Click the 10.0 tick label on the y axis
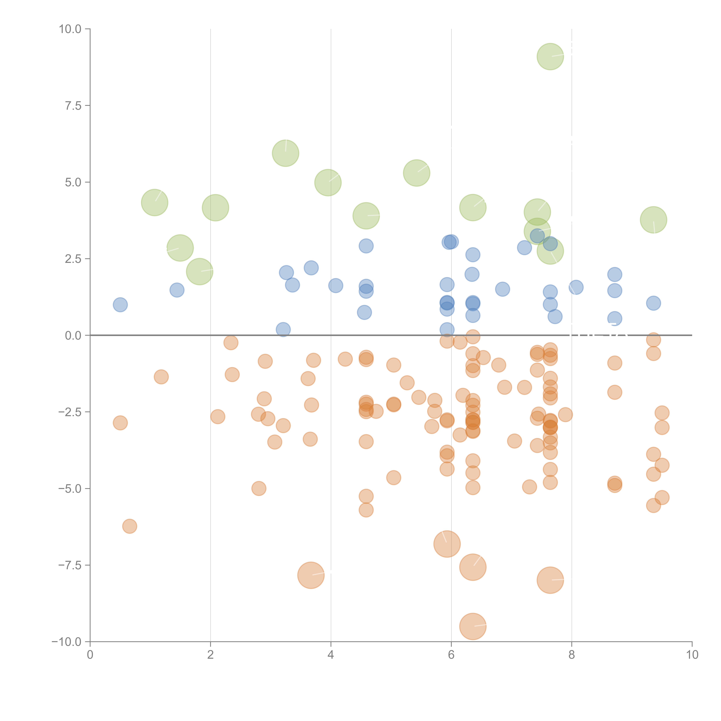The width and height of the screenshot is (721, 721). [x=70, y=29]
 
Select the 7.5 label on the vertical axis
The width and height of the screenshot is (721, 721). [x=73, y=106]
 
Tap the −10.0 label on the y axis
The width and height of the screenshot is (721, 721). [x=66, y=642]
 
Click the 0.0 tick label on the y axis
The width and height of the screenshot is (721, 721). [x=73, y=336]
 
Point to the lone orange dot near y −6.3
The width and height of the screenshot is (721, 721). [x=129, y=526]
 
